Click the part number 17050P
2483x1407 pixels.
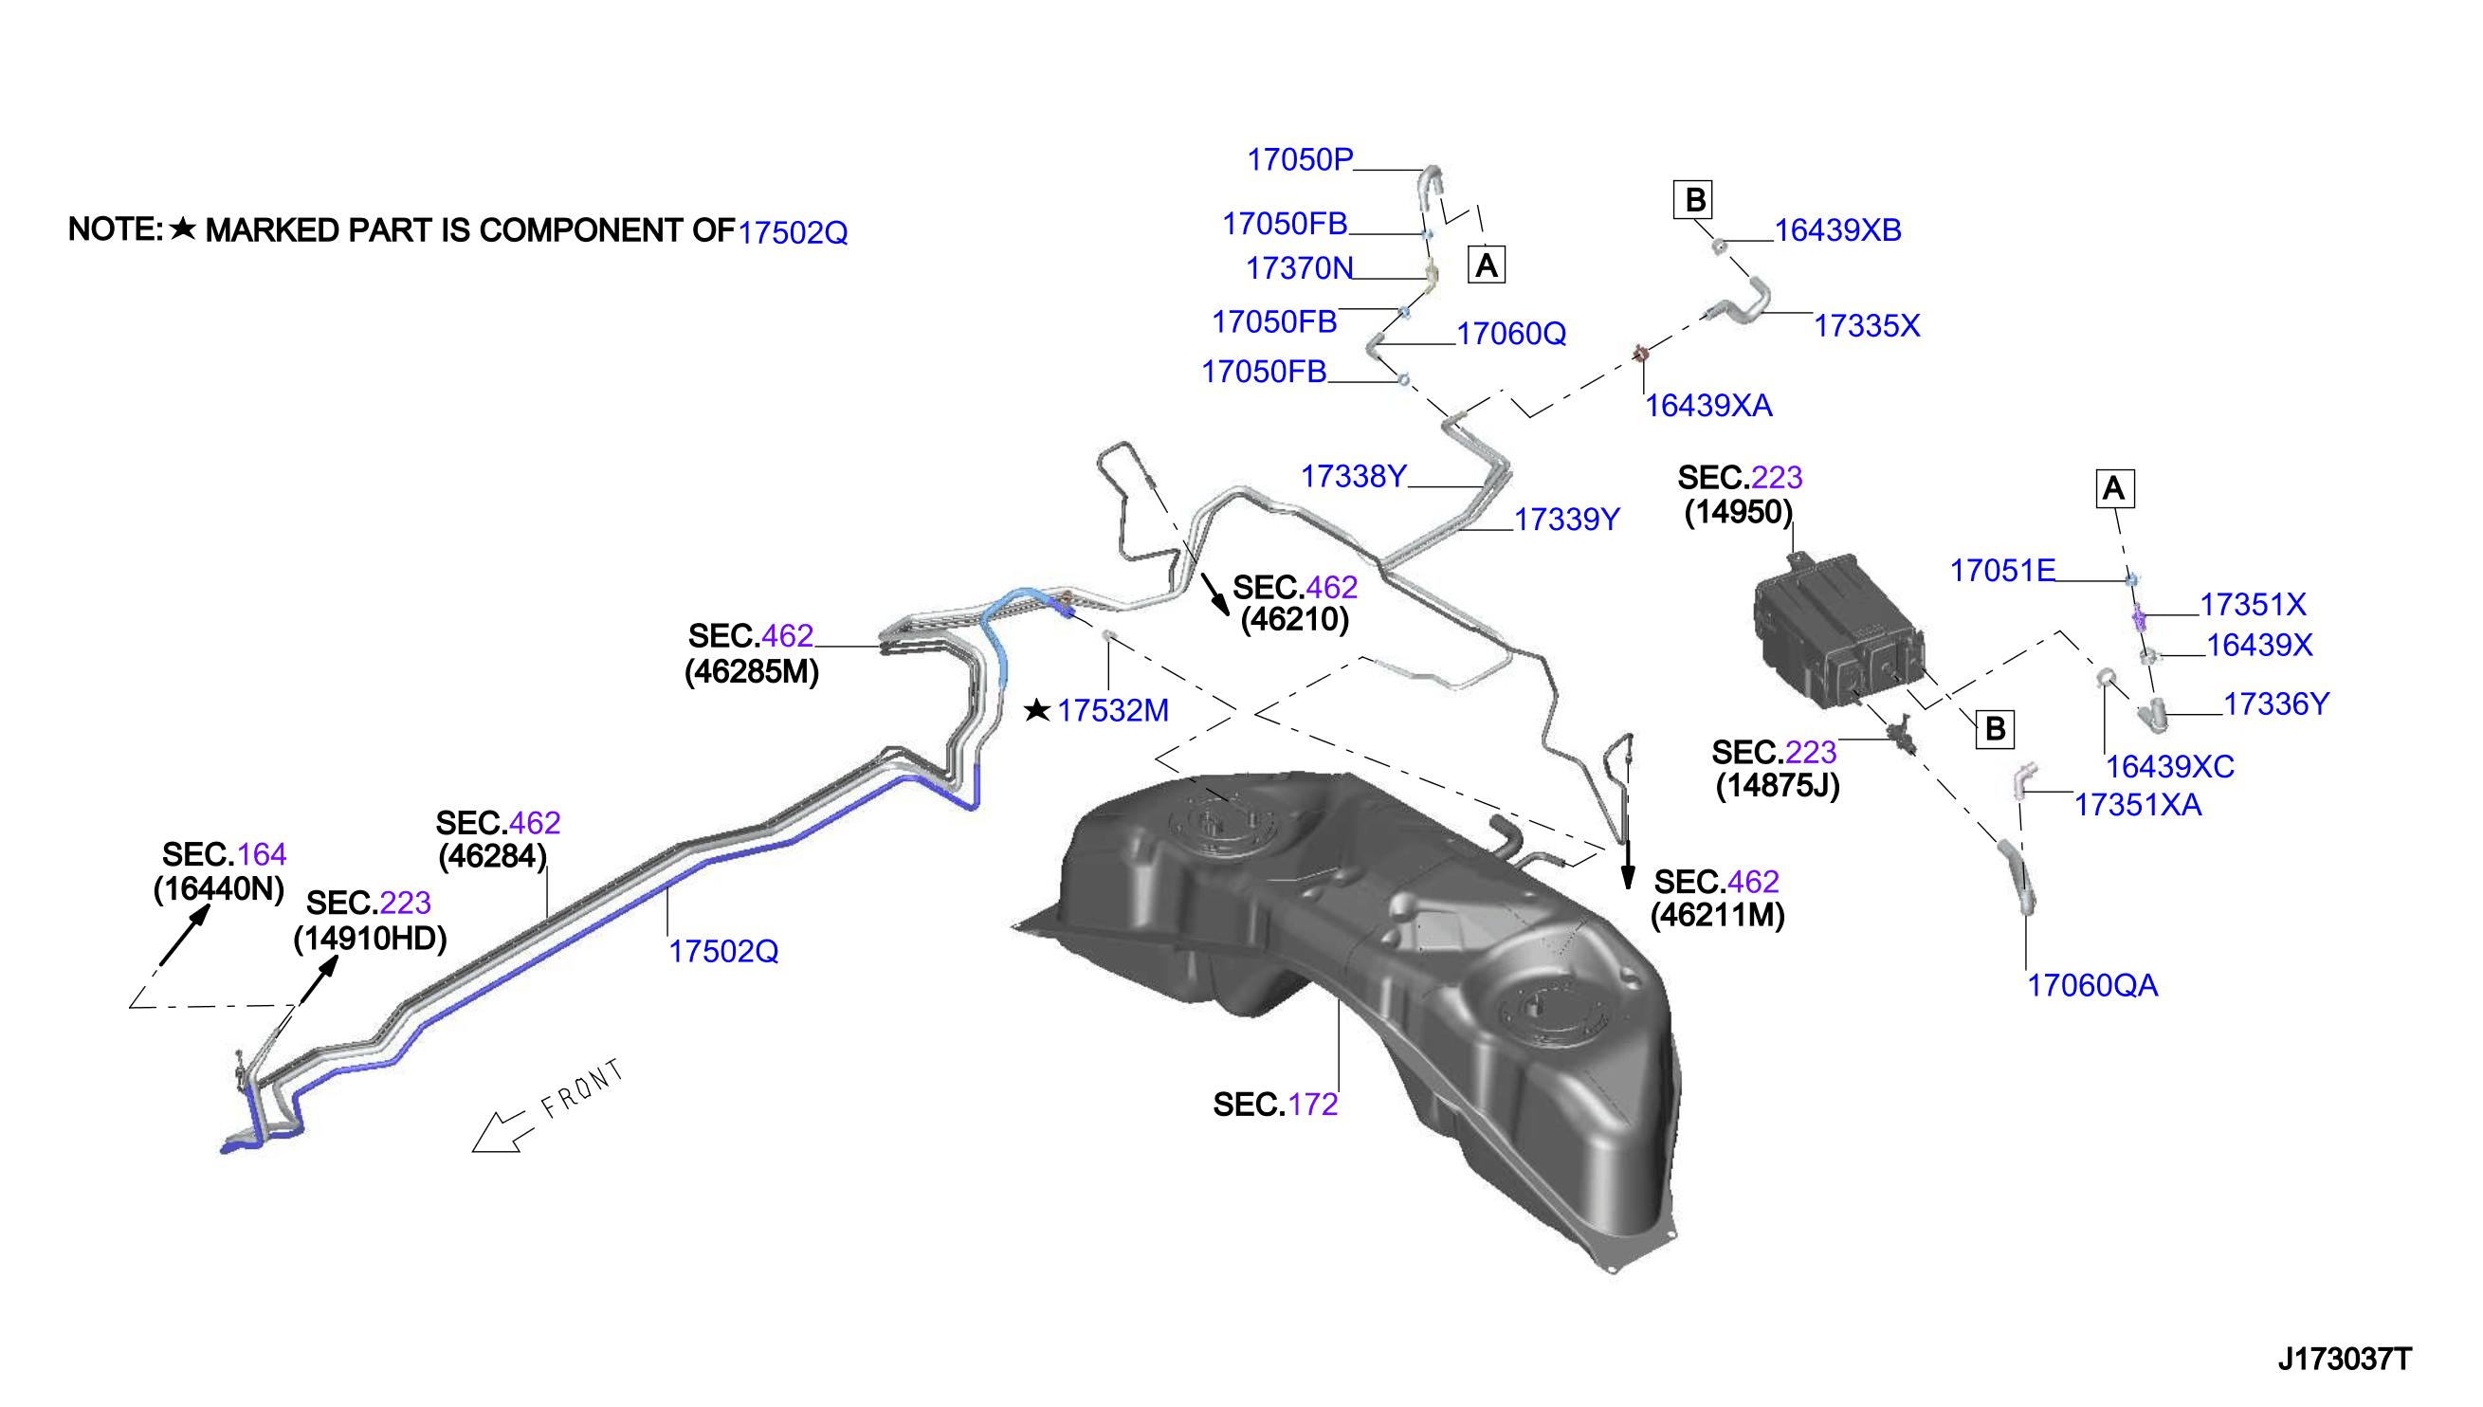coord(1300,159)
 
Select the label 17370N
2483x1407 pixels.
coord(1299,267)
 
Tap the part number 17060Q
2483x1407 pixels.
coord(1510,334)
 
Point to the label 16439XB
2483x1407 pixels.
coord(1836,230)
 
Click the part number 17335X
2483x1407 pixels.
coord(1866,325)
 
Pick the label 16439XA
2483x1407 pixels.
coord(1707,406)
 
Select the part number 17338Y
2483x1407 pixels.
coord(1353,476)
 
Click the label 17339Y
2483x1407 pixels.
coord(1565,520)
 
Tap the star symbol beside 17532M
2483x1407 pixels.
coord(1036,710)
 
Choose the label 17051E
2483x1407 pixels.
coord(2002,571)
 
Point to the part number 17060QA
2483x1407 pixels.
coord(2090,986)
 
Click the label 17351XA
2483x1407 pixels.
coord(2137,805)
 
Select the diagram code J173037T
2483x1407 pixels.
coord(2344,1360)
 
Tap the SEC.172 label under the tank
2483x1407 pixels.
coord(1274,1105)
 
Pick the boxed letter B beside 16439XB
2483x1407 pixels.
coord(1693,200)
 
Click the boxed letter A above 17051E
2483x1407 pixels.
coord(2114,489)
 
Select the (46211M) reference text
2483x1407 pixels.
coord(1717,916)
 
